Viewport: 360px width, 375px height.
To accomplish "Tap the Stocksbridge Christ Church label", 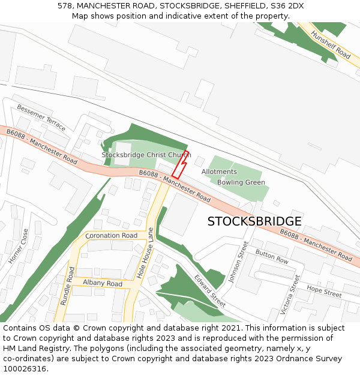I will (x=146, y=155).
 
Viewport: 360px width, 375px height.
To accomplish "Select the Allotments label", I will (x=219, y=172).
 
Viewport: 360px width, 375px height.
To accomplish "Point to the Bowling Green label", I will (x=241, y=182).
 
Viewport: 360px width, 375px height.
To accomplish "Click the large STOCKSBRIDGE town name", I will (x=254, y=221).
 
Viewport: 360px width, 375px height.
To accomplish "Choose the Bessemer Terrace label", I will (x=41, y=118).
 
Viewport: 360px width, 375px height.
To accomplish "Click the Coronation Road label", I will (x=112, y=236).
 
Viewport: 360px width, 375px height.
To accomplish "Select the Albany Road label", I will (x=102, y=283).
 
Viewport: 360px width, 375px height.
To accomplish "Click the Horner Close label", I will (x=18, y=246).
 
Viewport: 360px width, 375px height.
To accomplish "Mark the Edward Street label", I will (x=210, y=291).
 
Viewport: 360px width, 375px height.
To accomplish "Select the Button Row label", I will (x=272, y=257).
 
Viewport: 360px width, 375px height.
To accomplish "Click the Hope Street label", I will (x=324, y=292).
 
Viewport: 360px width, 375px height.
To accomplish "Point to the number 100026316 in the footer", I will (x=25, y=368).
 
